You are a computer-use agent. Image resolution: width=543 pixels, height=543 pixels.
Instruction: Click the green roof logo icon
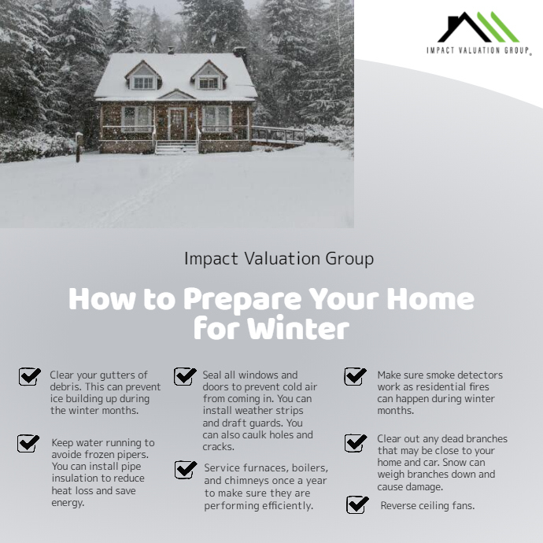(479, 27)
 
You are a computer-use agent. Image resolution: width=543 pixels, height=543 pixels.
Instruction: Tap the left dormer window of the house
(143, 81)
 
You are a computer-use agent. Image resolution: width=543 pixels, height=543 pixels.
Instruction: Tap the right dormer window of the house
(208, 81)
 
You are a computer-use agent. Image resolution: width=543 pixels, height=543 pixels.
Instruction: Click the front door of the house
(176, 124)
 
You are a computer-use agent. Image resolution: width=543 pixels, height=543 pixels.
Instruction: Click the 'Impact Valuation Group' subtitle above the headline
(279, 258)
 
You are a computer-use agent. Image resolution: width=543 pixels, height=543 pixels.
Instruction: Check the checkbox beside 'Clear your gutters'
(30, 376)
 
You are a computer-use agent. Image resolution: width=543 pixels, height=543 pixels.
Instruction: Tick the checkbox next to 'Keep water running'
(28, 443)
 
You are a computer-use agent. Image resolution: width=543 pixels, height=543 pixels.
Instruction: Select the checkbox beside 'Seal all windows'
(185, 375)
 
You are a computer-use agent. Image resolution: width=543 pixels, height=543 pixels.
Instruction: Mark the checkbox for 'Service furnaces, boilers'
(186, 470)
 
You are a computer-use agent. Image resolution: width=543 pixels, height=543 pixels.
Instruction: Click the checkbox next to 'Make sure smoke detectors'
(355, 375)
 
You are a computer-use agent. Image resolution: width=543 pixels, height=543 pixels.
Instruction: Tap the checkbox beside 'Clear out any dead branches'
(356, 442)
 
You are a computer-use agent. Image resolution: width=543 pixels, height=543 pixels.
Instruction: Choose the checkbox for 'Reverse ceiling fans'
(357, 504)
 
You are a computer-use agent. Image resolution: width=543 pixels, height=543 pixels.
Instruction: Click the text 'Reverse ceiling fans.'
(427, 505)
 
